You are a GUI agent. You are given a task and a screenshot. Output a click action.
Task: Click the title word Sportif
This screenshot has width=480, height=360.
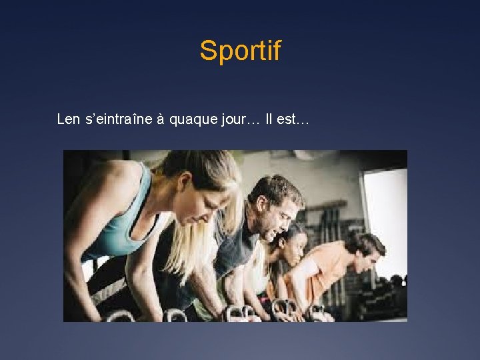click(x=240, y=51)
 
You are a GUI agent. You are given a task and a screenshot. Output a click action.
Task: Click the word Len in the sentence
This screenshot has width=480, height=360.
click(x=69, y=119)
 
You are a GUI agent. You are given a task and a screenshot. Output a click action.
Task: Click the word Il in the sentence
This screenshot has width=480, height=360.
click(x=269, y=119)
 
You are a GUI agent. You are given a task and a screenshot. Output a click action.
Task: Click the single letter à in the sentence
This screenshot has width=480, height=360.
click(x=161, y=120)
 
